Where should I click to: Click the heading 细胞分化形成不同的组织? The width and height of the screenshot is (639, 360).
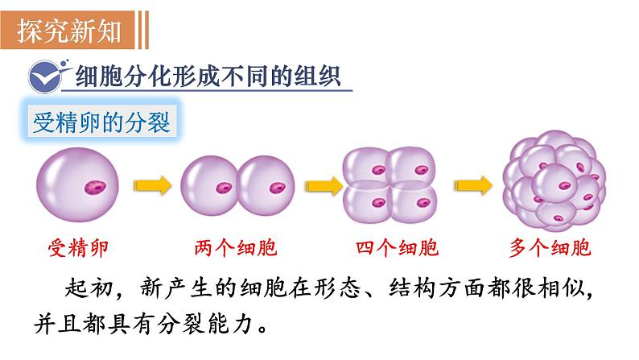coord(208,77)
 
